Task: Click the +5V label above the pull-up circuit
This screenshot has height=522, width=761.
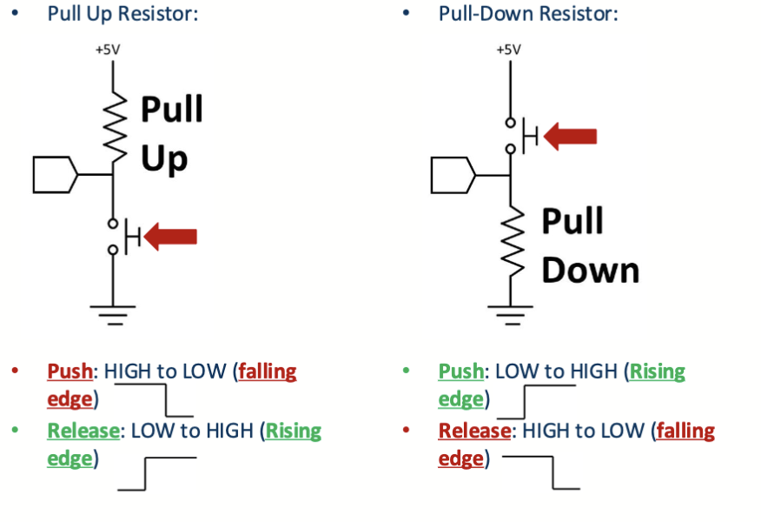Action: pos(109,50)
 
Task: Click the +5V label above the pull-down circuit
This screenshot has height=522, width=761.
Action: pos(509,50)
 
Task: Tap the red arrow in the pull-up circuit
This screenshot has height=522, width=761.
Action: pos(171,236)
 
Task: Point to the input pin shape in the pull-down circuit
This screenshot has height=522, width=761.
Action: pos(453,176)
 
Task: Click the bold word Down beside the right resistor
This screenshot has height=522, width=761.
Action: pos(591,270)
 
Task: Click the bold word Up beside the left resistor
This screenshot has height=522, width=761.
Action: pos(164,159)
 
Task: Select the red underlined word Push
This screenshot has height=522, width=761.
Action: pos(70,371)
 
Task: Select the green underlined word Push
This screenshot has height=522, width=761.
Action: pos(461,371)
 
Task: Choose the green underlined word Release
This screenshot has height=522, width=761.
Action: pos(85,431)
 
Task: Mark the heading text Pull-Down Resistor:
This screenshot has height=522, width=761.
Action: pos(528,15)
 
